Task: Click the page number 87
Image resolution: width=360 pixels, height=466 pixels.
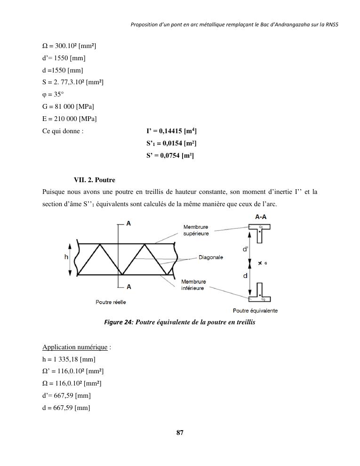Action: [x=179, y=433]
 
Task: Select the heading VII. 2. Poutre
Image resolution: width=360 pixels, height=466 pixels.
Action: [x=94, y=180]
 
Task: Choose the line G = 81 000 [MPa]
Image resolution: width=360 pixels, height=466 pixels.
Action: [x=68, y=107]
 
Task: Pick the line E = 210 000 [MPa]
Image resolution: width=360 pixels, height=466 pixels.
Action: [x=69, y=119]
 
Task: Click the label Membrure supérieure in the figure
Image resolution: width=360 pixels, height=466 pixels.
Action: [x=196, y=231]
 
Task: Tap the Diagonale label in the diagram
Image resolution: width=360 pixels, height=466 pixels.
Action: [x=211, y=257]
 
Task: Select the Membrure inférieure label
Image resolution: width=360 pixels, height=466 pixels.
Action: [x=194, y=285]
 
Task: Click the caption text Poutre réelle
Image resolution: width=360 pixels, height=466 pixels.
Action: [x=111, y=302]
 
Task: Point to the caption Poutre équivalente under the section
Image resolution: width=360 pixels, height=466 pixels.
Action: [x=255, y=311]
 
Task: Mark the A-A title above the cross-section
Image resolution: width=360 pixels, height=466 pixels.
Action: [x=259, y=217]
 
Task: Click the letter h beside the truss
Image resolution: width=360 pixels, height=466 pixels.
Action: [x=66, y=257]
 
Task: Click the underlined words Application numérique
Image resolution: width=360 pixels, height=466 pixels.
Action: [x=75, y=347]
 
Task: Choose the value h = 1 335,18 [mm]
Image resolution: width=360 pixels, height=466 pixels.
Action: [x=69, y=360]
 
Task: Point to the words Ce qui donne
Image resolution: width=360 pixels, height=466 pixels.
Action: [x=63, y=131]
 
